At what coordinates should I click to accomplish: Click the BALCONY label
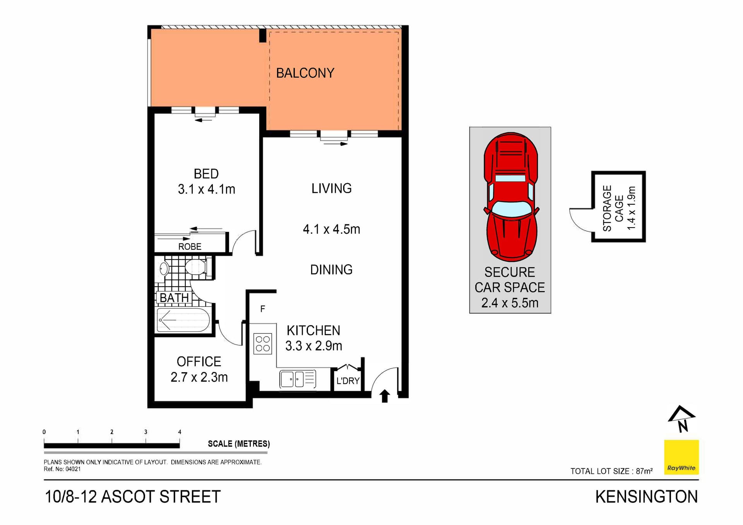pos(305,73)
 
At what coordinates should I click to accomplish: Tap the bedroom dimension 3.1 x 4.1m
pos(206,190)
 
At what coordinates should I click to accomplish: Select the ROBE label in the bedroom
pos(190,247)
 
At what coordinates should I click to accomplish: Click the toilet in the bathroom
pos(196,267)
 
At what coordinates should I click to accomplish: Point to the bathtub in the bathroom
pos(183,320)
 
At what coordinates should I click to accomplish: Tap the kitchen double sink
pos(292,379)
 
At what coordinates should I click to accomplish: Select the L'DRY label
pos(348,381)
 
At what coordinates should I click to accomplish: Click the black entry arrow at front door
pos(384,396)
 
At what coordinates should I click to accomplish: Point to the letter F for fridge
pos(263,309)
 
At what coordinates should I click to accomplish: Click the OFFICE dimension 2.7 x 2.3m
pos(199,377)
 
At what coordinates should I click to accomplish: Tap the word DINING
pos(331,270)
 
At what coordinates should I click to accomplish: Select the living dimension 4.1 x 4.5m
pos(331,229)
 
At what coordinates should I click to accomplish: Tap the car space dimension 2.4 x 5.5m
pos(510,303)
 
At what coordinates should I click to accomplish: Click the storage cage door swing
pos(580,220)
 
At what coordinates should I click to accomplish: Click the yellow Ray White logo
pos(681,457)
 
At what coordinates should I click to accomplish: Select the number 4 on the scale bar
pos(180,432)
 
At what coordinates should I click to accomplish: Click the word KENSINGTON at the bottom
pos(646,497)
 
